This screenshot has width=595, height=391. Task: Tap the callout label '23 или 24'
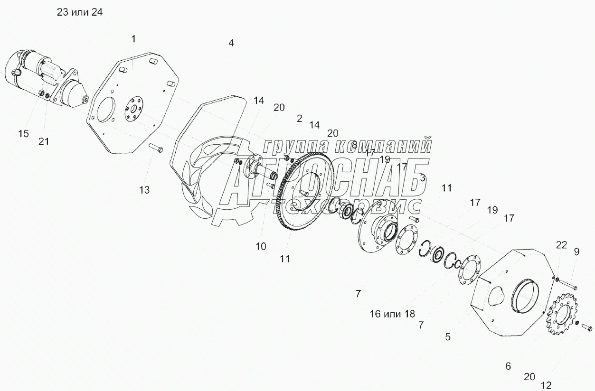coord(80,13)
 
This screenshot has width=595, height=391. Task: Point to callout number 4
coord(231,43)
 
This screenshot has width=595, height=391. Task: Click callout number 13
coord(144,190)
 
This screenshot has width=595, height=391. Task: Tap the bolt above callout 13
coord(156,149)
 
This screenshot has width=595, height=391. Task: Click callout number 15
coord(24,134)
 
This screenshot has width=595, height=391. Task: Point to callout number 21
coord(43,141)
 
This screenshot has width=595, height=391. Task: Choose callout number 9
coord(576,252)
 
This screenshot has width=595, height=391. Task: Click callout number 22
coord(562,245)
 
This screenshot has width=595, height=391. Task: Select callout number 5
coord(448,337)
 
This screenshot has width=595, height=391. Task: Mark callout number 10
coord(261,246)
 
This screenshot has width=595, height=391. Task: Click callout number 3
coord(423,178)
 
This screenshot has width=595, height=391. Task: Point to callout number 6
coord(508,366)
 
